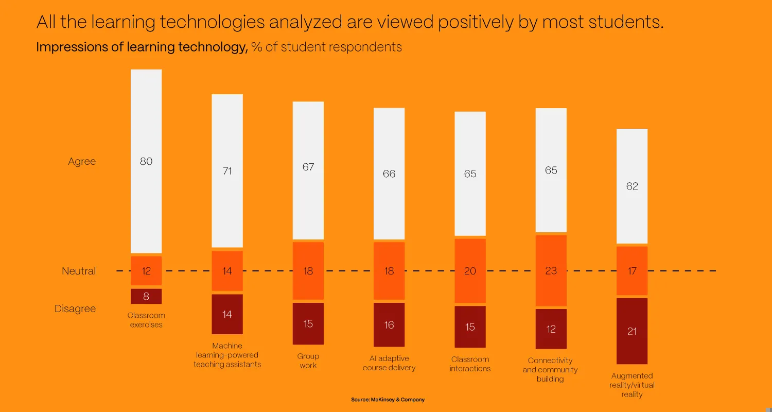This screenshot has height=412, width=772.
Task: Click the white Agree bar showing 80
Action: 146,161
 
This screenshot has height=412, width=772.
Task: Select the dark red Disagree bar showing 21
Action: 632,331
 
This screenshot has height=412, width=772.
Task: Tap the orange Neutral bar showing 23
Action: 551,270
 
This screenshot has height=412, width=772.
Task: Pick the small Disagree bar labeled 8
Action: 146,296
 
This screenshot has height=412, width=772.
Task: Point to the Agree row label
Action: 82,161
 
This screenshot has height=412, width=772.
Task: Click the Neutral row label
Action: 79,271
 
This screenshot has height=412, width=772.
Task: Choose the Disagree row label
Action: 75,309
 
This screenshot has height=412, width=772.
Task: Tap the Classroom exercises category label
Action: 146,320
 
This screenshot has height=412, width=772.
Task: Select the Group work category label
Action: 308,360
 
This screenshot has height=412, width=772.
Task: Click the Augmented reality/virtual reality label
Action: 632,385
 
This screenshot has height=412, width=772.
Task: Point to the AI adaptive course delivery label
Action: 389,363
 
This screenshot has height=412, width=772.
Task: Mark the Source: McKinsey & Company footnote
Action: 388,400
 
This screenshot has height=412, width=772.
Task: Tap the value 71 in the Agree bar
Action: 227,171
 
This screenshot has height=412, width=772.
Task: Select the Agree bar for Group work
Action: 308,170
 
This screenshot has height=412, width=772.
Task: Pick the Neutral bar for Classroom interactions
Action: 470,271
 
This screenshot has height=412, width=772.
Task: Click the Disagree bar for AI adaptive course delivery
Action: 389,324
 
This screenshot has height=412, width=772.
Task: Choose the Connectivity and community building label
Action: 550,370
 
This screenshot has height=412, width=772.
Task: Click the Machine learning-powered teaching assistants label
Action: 227,355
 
